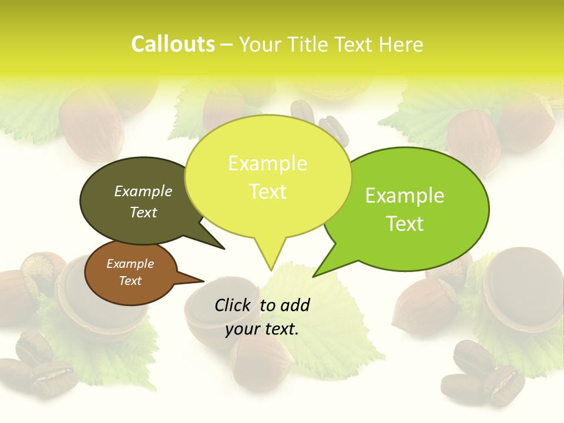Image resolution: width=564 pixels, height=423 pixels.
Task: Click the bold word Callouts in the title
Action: [173, 44]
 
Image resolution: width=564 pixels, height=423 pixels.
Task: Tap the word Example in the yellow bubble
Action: [267, 163]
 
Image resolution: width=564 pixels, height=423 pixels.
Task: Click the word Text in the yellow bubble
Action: [267, 192]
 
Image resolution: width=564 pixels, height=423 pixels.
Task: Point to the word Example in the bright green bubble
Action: [405, 196]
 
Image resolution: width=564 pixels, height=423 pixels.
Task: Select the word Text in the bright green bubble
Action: [405, 224]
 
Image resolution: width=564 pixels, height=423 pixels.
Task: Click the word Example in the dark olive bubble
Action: [143, 191]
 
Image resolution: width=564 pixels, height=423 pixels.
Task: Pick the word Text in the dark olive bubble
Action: [143, 212]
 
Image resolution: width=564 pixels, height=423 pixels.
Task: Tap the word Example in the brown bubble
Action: [130, 264]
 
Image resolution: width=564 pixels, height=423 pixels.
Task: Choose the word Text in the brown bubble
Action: [130, 281]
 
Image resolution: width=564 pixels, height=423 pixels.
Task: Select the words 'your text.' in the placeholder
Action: [262, 329]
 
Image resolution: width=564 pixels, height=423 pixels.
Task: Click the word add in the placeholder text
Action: [294, 305]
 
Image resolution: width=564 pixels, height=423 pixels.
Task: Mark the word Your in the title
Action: [260, 45]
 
